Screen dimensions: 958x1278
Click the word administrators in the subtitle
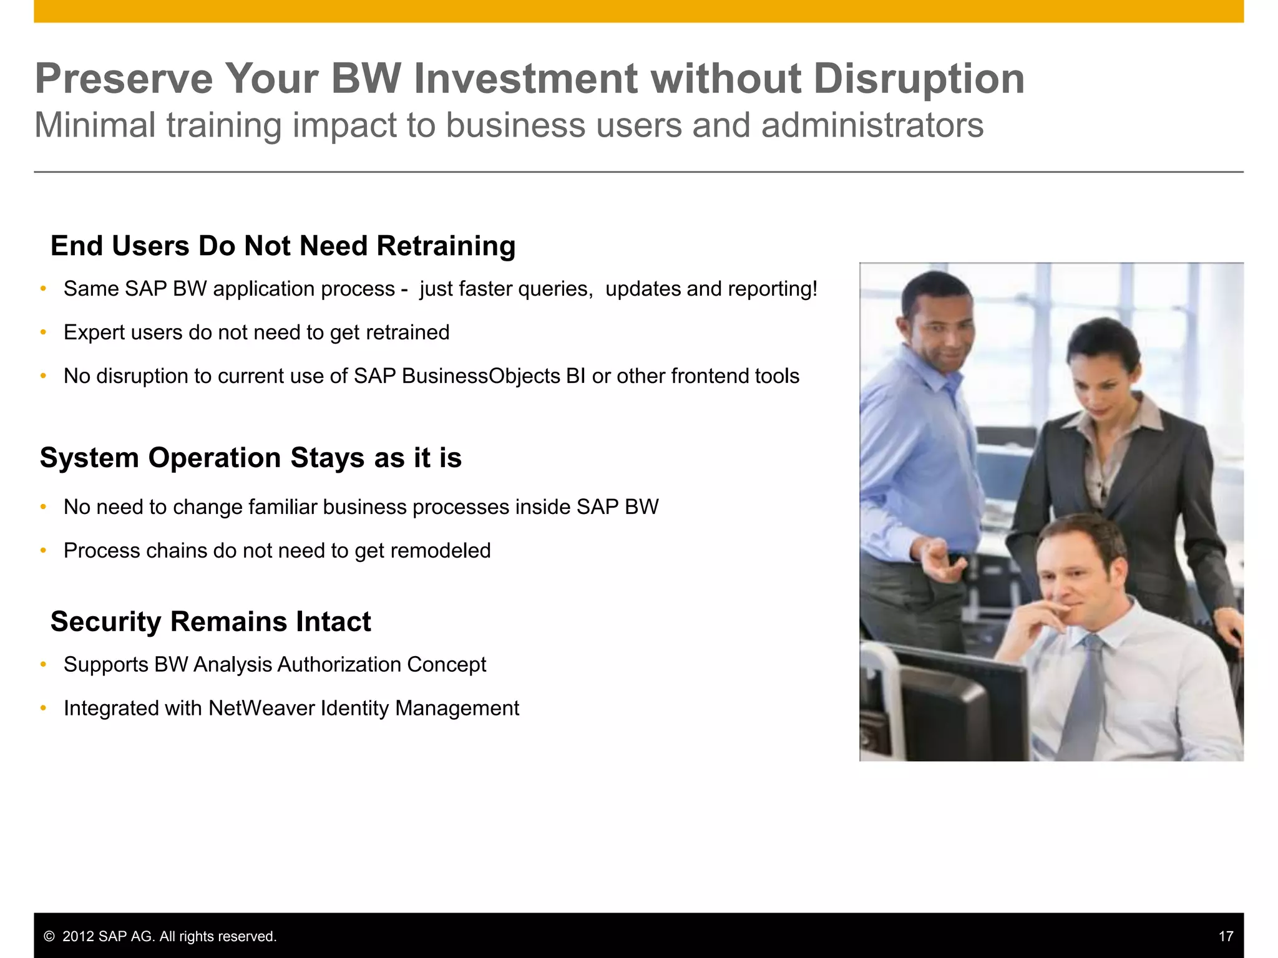point(872,125)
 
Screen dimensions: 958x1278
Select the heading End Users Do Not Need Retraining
point(283,246)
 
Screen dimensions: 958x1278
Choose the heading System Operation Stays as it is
point(250,458)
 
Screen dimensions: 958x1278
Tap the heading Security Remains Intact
point(210,622)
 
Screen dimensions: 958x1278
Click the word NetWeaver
point(261,709)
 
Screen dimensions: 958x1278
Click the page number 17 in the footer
point(1226,936)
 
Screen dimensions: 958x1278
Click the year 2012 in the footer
point(79,937)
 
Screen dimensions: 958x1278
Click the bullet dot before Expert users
point(43,332)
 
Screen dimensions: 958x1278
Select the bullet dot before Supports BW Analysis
point(43,665)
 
